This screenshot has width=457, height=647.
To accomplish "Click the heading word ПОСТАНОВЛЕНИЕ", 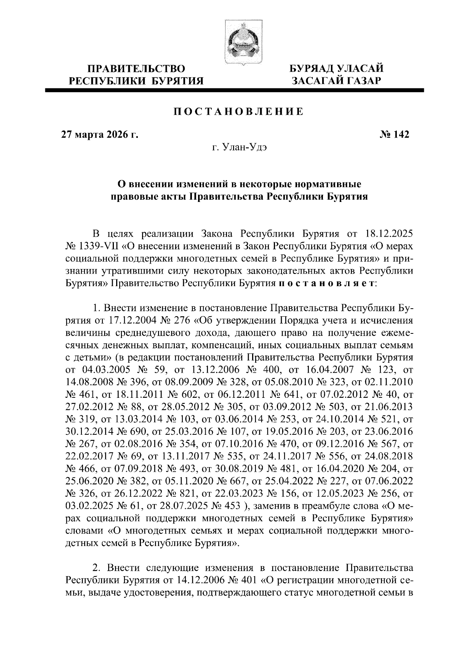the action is pyautogui.click(x=239, y=112).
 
